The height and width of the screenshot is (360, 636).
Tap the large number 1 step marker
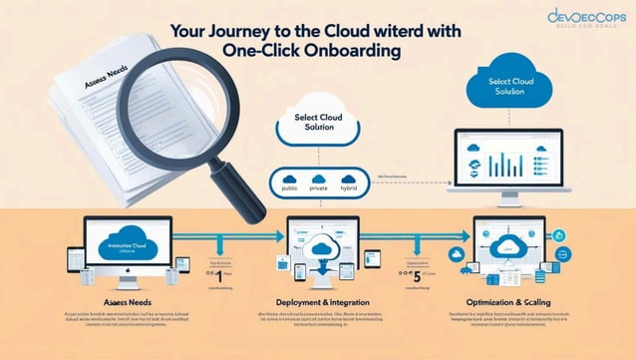coord(219,279)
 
